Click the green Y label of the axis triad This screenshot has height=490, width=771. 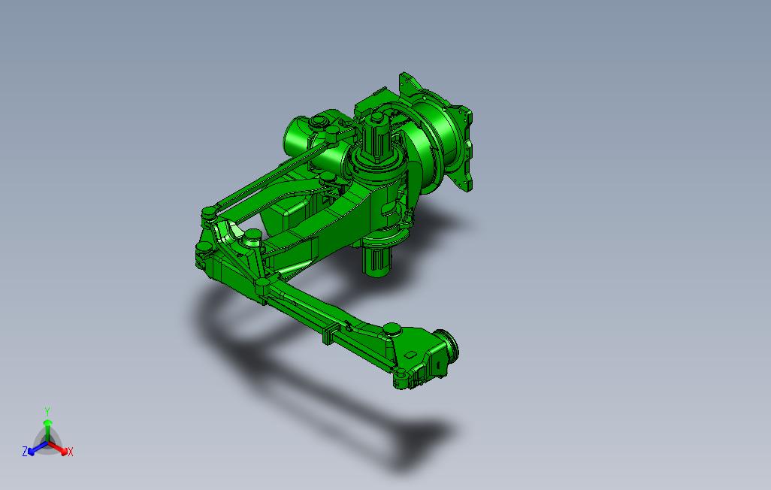47,411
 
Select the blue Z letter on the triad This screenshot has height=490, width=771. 25,451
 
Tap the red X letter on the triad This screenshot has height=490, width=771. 71,452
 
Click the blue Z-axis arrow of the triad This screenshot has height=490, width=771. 35,449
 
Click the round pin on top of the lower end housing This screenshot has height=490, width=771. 392,328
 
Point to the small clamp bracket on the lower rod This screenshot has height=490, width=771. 328,334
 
